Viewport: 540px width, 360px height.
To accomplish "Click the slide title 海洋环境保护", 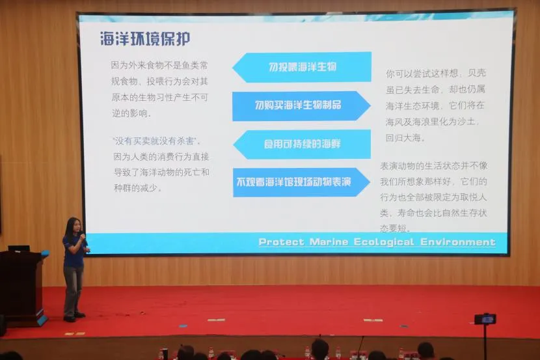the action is point(145,38).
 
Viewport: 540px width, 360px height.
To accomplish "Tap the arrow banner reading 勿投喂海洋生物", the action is point(302,67).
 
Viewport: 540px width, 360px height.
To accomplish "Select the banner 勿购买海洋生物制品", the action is point(301,105).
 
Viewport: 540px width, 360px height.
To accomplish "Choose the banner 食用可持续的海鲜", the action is point(302,145).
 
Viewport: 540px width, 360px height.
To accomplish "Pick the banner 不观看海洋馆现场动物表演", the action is point(301,182).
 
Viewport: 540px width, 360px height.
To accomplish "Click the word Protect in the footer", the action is point(281,242).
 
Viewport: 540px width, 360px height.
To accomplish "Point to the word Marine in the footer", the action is point(329,242).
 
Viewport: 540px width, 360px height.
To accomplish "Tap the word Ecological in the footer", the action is point(384,242).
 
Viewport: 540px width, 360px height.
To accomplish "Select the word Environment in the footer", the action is point(457,242).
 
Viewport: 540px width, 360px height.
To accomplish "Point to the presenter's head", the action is point(74,226).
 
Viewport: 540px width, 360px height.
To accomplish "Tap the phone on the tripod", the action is point(485,320).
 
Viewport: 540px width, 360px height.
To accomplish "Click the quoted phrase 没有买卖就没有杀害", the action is point(155,141).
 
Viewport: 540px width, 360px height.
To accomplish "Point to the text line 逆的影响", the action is point(131,113).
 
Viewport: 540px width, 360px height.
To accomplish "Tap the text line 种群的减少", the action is point(137,188).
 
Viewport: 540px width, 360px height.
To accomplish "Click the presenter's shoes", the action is point(74,317).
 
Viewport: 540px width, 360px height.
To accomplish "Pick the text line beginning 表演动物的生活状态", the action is point(433,166).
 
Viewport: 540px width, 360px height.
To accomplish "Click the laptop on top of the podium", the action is point(19,249).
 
